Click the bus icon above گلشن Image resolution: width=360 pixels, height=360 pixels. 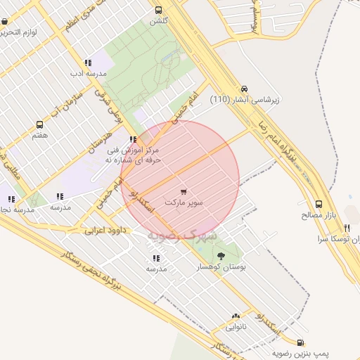coord(158,11)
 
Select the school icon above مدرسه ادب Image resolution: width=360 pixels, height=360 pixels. coord(88,63)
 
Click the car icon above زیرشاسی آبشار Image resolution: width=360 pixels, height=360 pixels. coord(243,89)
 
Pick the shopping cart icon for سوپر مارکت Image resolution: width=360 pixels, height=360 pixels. coord(184,191)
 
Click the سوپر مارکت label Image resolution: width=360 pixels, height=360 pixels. coord(184,202)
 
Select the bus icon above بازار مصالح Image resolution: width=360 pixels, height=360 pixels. coord(319,204)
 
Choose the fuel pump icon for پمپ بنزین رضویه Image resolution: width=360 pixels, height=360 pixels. coord(302,342)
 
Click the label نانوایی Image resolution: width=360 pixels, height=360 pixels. coord(236,327)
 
